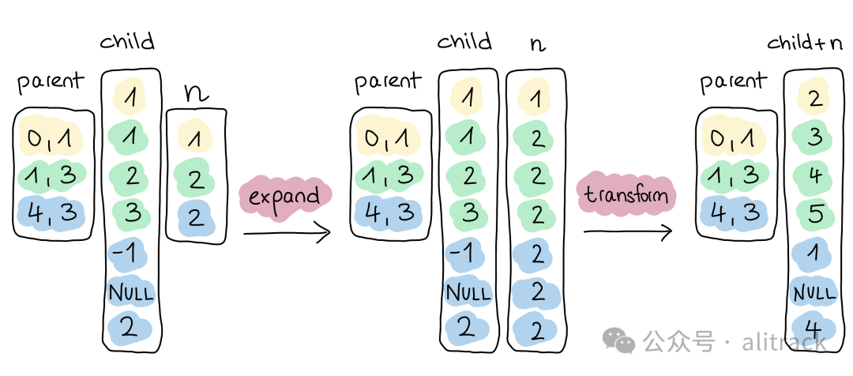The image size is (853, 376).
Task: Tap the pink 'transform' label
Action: coord(626,195)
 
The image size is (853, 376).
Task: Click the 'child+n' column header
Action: coord(806,43)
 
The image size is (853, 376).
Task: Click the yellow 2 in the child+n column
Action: coord(815,98)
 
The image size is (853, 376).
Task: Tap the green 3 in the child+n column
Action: coord(815,137)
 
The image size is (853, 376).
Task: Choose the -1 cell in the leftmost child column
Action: coord(130,253)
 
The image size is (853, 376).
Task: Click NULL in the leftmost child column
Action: coord(130,293)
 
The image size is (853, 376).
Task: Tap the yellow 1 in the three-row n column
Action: coord(194,137)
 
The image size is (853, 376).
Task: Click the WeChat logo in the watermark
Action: coord(618,340)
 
